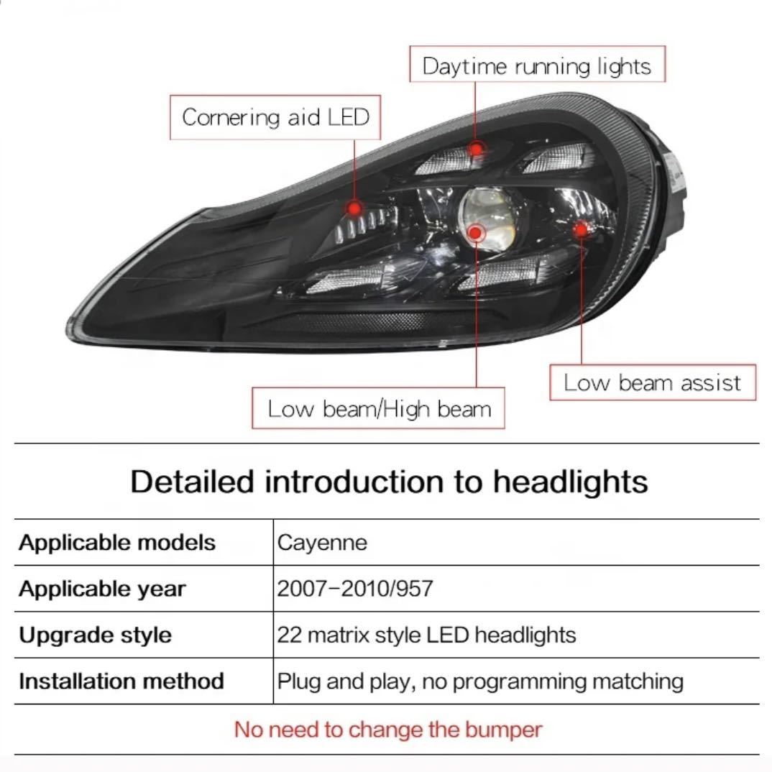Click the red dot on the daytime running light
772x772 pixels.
[x=476, y=148]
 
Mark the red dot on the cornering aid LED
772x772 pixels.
[x=354, y=208]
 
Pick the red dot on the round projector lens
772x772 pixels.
[x=475, y=232]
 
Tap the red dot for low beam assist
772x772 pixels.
[x=581, y=229]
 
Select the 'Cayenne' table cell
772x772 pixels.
[x=322, y=543]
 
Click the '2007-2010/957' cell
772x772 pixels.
[x=355, y=589]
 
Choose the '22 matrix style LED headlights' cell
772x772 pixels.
[x=426, y=635]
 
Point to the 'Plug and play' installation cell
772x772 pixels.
[x=480, y=681]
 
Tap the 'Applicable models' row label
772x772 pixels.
[x=117, y=543]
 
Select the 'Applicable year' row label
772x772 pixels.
[x=102, y=589]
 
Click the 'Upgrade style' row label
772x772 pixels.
[x=95, y=635]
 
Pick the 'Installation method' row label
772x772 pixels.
[x=121, y=681]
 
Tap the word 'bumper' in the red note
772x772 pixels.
[x=503, y=730]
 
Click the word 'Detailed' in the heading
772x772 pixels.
[x=193, y=481]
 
